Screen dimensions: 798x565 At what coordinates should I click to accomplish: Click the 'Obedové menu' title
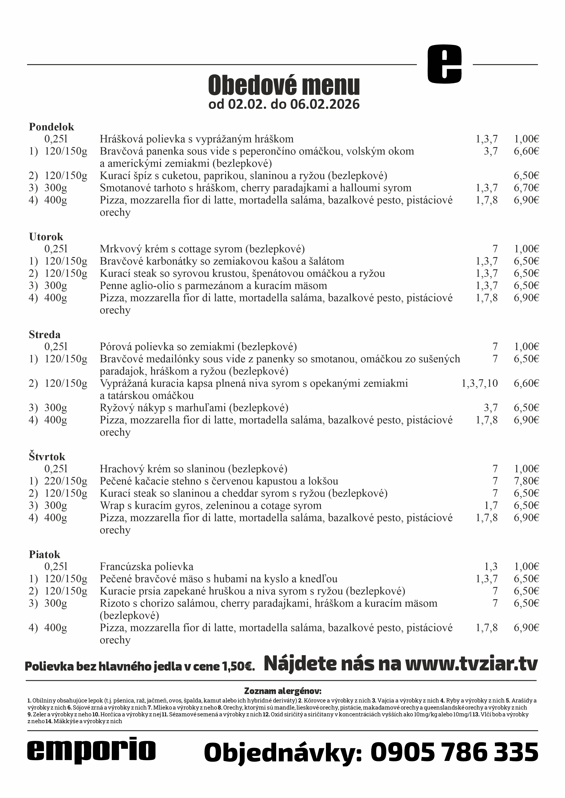(x=284, y=85)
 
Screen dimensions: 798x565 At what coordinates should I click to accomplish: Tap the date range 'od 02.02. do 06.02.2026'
(x=284, y=104)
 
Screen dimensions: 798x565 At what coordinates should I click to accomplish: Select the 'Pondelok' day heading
(x=51, y=127)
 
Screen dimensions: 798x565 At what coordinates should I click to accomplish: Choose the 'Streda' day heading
(x=45, y=334)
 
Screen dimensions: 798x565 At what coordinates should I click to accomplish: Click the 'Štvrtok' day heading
(x=47, y=457)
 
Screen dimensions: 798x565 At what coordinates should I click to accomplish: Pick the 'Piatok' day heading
(x=45, y=554)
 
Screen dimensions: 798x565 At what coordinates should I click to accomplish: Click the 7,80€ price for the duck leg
(x=526, y=481)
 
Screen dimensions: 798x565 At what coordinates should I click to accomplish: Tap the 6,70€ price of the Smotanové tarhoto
(x=526, y=188)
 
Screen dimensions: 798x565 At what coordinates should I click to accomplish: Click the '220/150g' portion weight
(x=66, y=481)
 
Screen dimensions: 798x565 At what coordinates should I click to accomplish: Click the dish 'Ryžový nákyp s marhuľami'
(x=194, y=408)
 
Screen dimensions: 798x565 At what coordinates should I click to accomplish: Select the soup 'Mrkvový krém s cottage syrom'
(x=202, y=249)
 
